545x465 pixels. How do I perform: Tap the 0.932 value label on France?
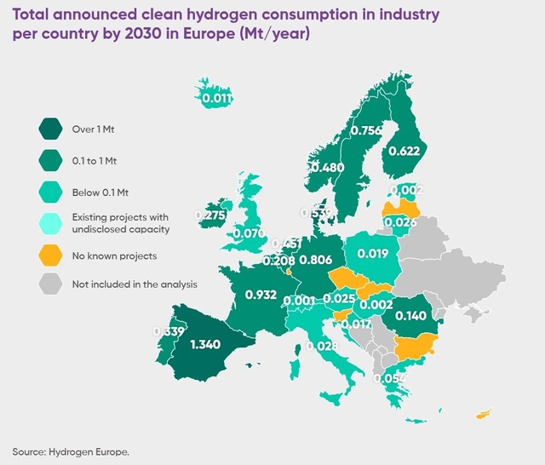261,295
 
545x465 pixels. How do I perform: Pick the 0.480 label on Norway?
327,168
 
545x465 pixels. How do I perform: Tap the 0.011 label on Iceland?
217,99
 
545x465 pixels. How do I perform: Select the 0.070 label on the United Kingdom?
250,232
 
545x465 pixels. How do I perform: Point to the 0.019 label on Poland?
373,253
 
